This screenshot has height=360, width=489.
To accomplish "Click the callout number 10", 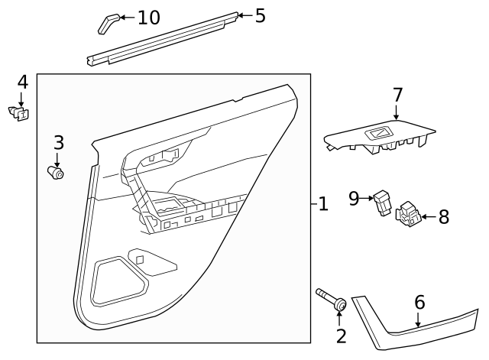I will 149,17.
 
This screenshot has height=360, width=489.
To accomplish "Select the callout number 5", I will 260,15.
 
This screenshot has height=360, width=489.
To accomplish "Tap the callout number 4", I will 22,82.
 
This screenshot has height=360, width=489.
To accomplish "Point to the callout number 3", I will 58,141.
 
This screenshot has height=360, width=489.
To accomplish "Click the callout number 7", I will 397,96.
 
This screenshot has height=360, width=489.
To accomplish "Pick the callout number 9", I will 354,199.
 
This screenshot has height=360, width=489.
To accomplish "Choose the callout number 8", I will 443,217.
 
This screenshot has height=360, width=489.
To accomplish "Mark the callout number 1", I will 323,204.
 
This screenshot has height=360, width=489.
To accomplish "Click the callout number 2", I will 341,336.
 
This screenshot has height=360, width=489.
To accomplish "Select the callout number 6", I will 419,303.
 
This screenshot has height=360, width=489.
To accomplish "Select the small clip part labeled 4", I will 20,114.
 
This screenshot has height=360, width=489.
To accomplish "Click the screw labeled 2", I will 330,300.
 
